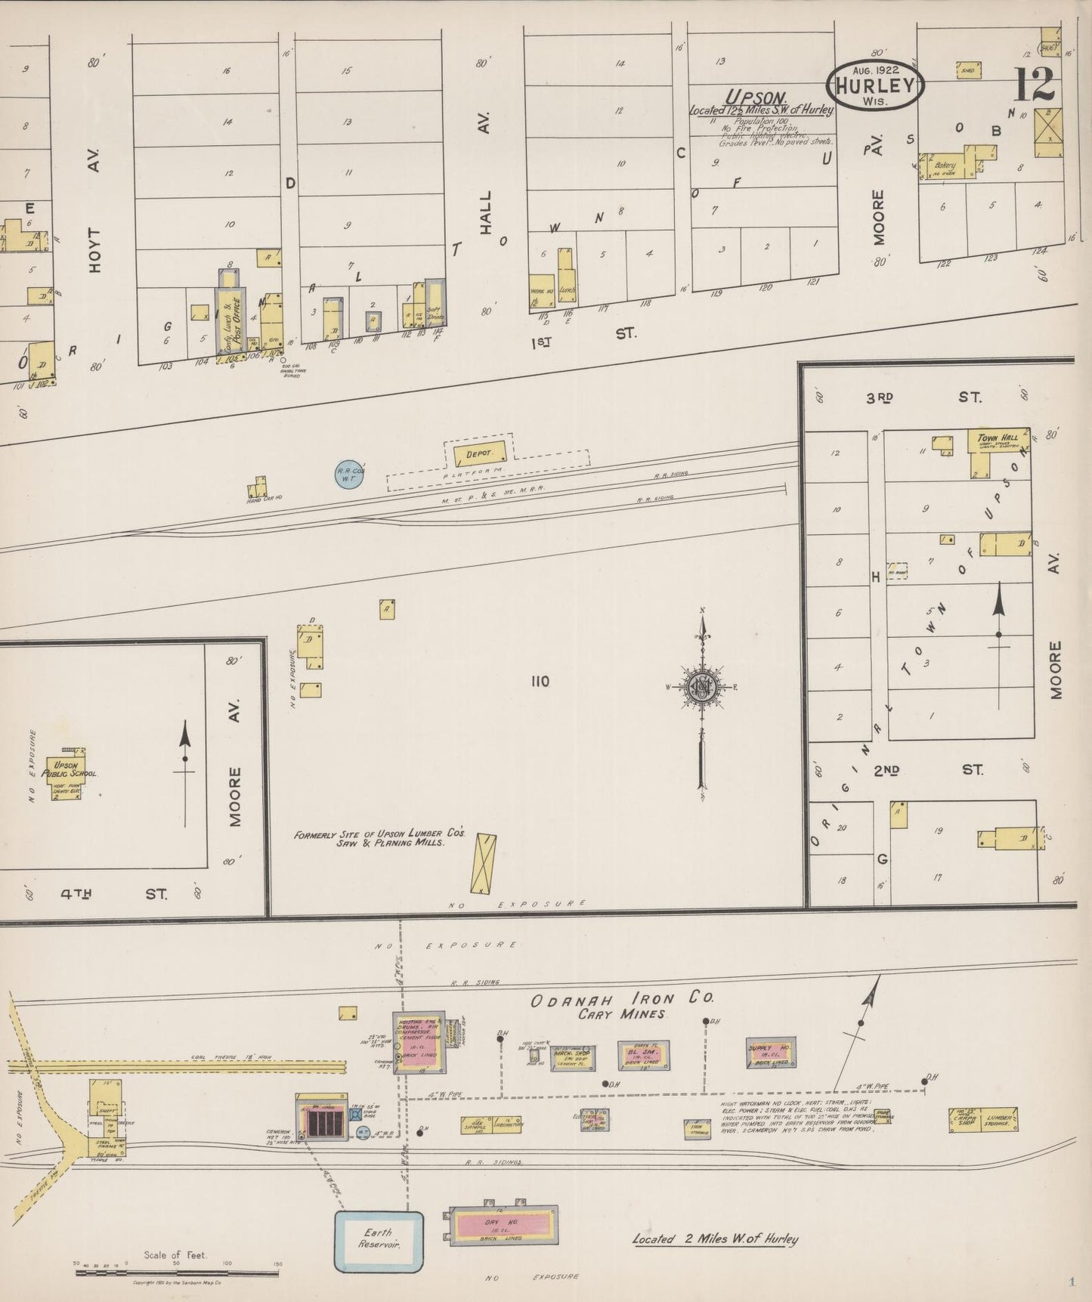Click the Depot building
(478, 453)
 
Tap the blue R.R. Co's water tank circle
(351, 474)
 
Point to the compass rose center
(703, 686)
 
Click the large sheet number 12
(1034, 85)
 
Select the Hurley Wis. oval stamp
(877, 85)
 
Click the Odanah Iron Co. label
(622, 999)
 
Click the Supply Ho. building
(770, 1052)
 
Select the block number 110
(540, 682)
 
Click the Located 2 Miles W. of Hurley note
(715, 1239)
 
